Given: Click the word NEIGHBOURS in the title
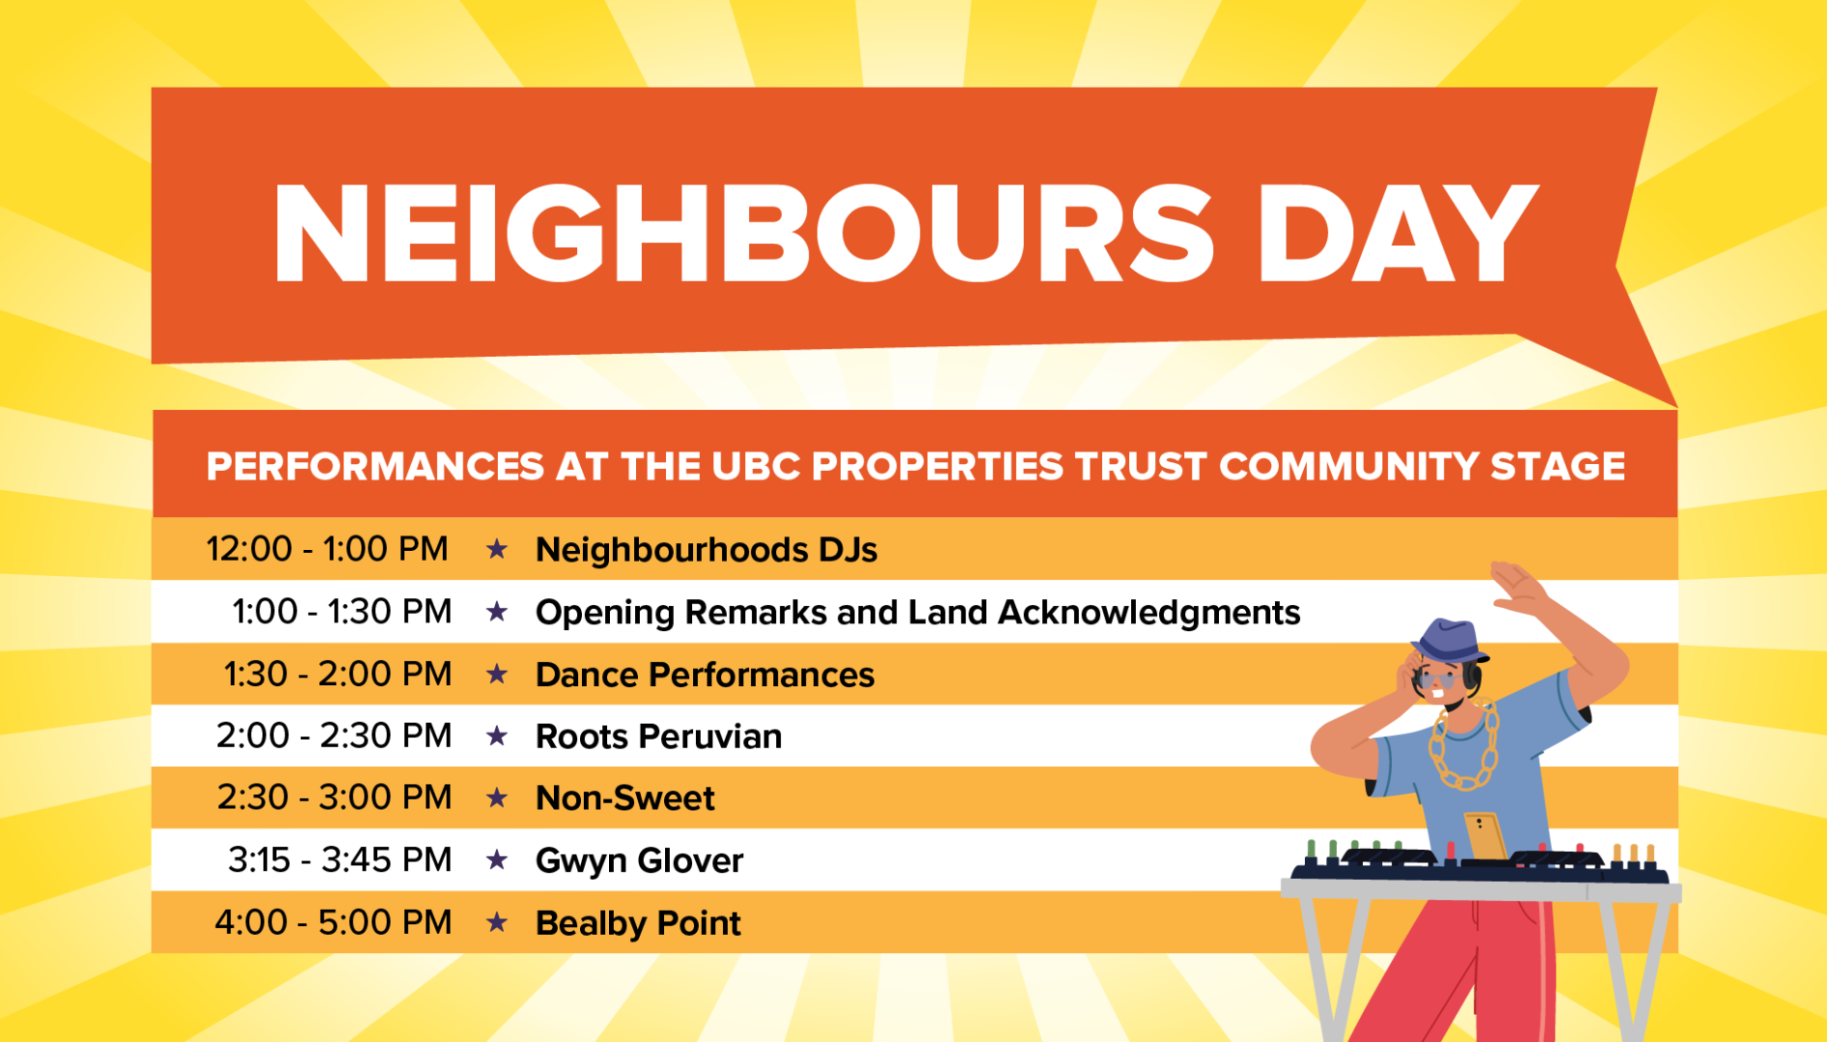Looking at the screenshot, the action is pos(743,233).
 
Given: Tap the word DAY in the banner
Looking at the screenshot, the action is pos(1398,233).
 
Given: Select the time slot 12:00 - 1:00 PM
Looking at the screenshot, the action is pos(327,549).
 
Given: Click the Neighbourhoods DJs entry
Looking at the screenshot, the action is pos(706,550).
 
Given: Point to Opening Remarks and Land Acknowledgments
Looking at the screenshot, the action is pos(918,613).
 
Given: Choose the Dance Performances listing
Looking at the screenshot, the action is pos(705,674).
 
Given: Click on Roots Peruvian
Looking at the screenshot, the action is pos(658,736).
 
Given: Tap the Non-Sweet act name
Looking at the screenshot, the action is pos(625,798).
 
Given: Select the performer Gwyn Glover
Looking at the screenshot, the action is pos(639,861).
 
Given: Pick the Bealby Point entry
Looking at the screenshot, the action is pos(638,923).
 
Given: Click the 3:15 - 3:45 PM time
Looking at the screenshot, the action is pos(340,860).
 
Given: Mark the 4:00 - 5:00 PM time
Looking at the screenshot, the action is pos(333,922).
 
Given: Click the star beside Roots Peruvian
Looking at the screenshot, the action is pos(497,736).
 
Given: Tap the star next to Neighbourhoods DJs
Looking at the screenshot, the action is pos(497,549).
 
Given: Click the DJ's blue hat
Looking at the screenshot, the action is pos(1449,642).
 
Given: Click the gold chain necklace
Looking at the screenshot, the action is pos(1464,748).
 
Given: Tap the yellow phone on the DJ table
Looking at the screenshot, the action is pos(1485,836).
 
